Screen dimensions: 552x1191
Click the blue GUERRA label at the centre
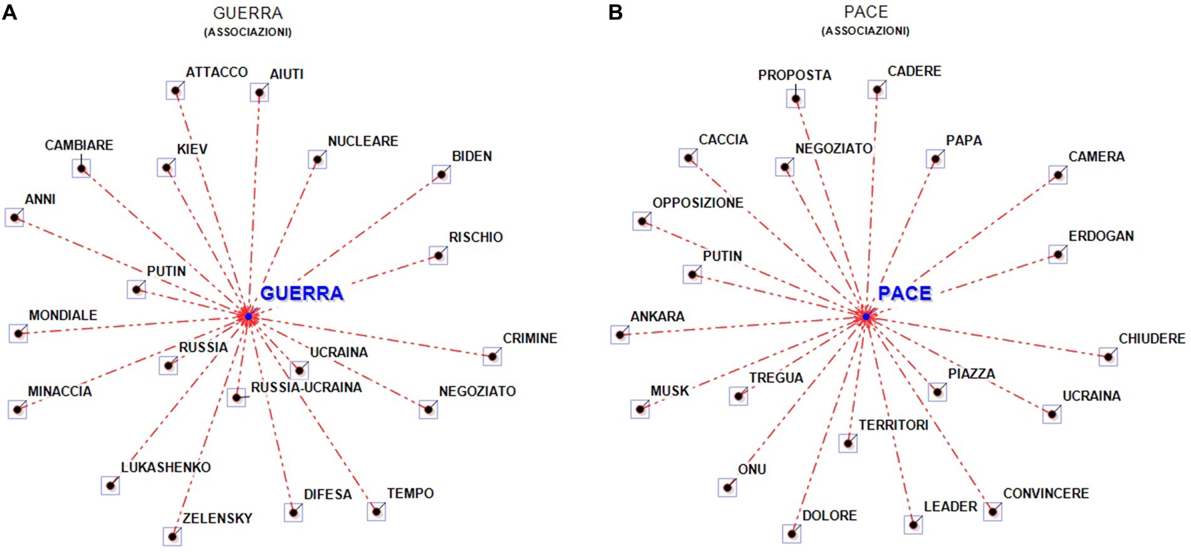point(301,293)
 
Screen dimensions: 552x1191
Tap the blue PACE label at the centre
point(904,293)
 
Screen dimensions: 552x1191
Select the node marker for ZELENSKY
point(172,536)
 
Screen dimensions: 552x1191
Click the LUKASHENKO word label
point(165,467)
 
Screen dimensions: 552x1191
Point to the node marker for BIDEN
point(441,174)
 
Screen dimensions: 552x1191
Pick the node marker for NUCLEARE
point(317,160)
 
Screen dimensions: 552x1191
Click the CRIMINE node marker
point(492,357)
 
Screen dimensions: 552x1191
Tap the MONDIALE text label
point(63,315)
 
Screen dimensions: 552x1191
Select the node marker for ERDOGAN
point(1058,254)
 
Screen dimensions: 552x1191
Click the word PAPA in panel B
point(964,140)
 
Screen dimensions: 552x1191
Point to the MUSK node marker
point(640,409)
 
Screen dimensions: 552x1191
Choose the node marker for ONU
point(727,487)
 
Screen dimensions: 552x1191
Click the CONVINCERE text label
point(1046,494)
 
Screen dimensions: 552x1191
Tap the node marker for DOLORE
point(791,534)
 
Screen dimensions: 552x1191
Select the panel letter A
point(9,12)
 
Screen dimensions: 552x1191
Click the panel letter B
point(615,12)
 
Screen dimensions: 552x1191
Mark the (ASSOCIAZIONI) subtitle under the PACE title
point(865,31)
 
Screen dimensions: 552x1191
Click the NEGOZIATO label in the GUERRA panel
point(477,392)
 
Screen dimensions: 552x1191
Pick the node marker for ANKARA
point(620,335)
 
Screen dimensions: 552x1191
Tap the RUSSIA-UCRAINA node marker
point(236,397)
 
